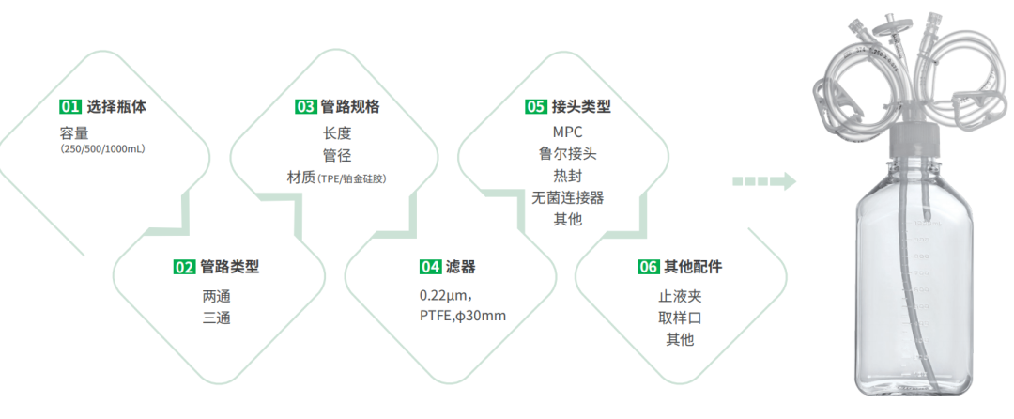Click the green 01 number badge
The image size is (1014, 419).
(x=69, y=106)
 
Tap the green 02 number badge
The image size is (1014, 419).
(x=184, y=267)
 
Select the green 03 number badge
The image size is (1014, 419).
(x=305, y=106)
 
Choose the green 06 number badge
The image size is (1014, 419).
(x=649, y=267)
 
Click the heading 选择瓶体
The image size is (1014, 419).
(x=116, y=106)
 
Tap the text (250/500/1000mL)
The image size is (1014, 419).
(x=102, y=148)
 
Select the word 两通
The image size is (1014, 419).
(x=216, y=296)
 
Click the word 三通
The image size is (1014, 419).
(x=216, y=318)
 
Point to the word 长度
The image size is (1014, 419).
(x=336, y=133)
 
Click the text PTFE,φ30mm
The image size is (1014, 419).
(x=463, y=316)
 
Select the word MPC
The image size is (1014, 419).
(x=567, y=132)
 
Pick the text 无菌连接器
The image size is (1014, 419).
(x=567, y=197)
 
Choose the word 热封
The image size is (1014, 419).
(x=567, y=176)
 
